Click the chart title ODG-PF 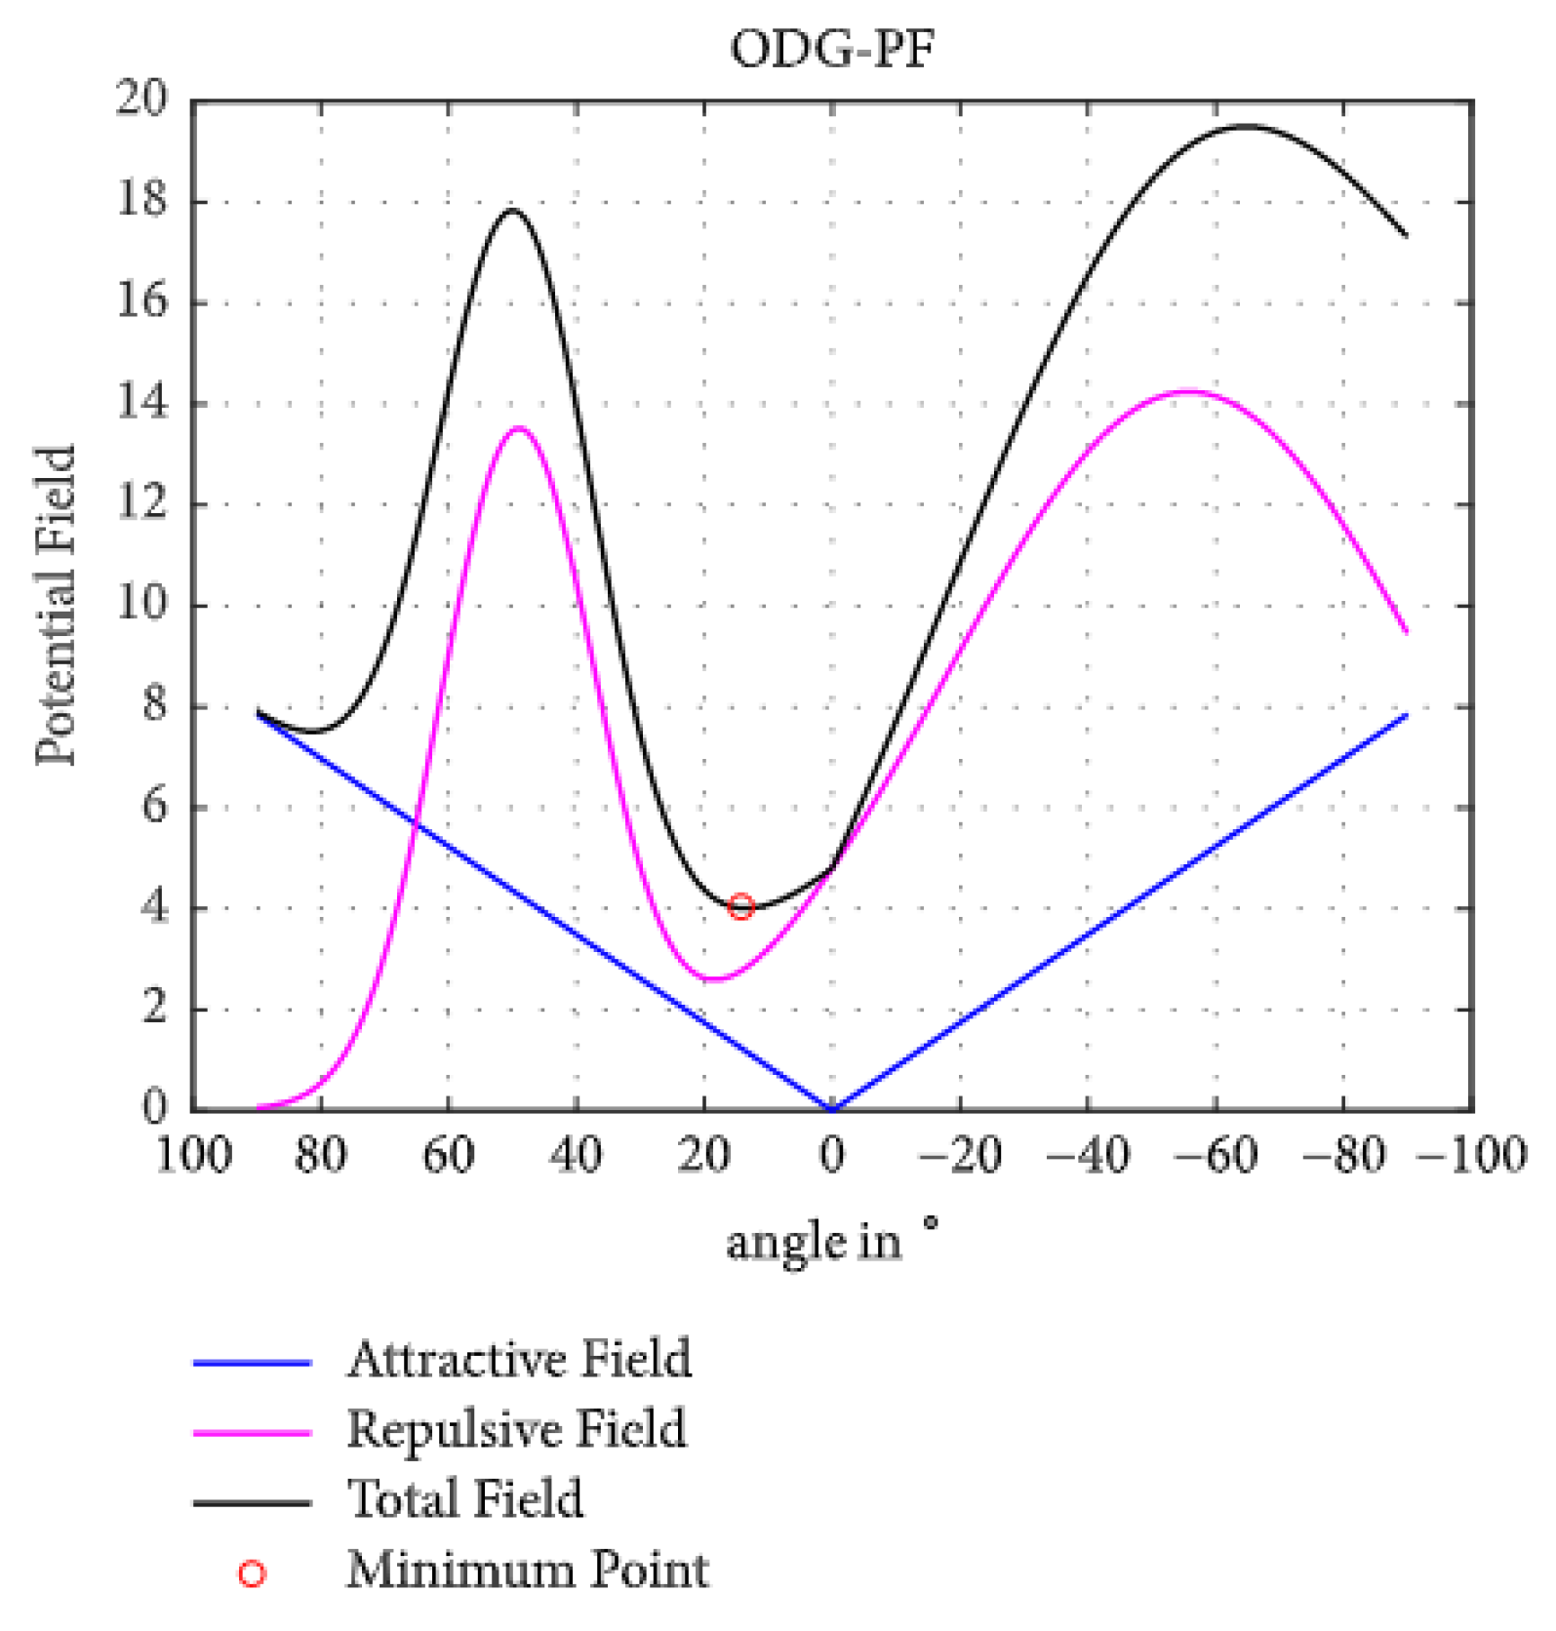831,49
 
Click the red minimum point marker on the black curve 741,906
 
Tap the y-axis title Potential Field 56,605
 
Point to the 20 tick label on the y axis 141,99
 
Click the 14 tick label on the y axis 141,402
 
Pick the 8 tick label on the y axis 154,705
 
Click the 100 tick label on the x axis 193,1156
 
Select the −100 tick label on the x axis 1471,1156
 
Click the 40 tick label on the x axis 576,1156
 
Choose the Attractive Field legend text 519,1359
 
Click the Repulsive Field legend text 517,1429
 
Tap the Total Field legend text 465,1499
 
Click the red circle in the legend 252,1572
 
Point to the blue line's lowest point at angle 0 832,1108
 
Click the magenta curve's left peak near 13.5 519,427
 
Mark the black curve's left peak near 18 511,210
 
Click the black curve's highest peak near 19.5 1247,126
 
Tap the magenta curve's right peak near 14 1188,391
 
